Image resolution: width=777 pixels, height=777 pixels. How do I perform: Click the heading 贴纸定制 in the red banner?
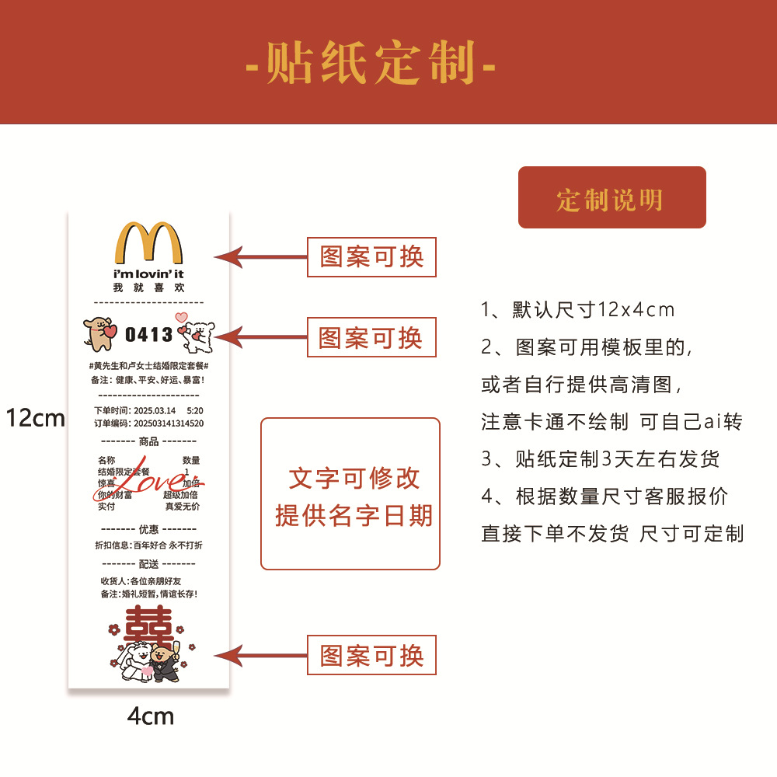371,62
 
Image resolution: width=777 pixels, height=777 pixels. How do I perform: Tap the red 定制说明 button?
611,198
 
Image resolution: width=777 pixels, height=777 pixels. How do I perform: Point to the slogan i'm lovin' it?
148,274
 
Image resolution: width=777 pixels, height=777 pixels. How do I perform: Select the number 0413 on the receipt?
148,335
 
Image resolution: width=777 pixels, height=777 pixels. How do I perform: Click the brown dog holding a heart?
100,333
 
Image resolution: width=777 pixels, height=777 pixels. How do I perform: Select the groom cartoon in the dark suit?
166,660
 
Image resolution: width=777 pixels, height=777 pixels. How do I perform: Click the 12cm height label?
36,419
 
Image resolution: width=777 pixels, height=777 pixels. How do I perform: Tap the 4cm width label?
150,716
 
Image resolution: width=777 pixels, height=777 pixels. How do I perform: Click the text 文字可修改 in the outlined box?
354,478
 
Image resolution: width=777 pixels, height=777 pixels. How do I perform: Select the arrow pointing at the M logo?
260,256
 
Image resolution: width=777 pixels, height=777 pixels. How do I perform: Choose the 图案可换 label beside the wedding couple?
372,656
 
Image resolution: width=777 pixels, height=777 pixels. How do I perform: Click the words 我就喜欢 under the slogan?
148,288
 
